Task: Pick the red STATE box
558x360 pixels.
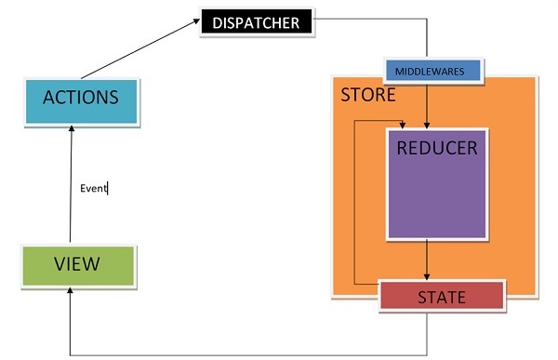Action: pyautogui.click(x=441, y=297)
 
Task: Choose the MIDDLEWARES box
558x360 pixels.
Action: pyautogui.click(x=432, y=71)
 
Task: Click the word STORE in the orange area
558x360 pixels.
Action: pyautogui.click(x=367, y=95)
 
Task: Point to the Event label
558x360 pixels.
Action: pyautogui.click(x=93, y=189)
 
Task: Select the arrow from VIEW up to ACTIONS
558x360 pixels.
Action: pyautogui.click(x=72, y=186)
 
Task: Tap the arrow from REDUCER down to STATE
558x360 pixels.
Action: pyautogui.click(x=427, y=260)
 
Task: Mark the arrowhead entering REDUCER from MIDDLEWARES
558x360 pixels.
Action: pyautogui.click(x=427, y=124)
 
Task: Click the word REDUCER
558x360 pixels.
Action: pyautogui.click(x=436, y=148)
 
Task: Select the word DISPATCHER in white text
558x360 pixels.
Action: pyautogui.click(x=255, y=22)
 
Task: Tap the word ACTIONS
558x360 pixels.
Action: pyautogui.click(x=80, y=97)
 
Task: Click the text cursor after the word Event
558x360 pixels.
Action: pyautogui.click(x=109, y=189)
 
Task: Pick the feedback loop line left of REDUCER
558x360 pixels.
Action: pyautogui.click(x=355, y=205)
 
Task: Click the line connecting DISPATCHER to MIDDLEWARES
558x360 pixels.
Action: pyautogui.click(x=427, y=37)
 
